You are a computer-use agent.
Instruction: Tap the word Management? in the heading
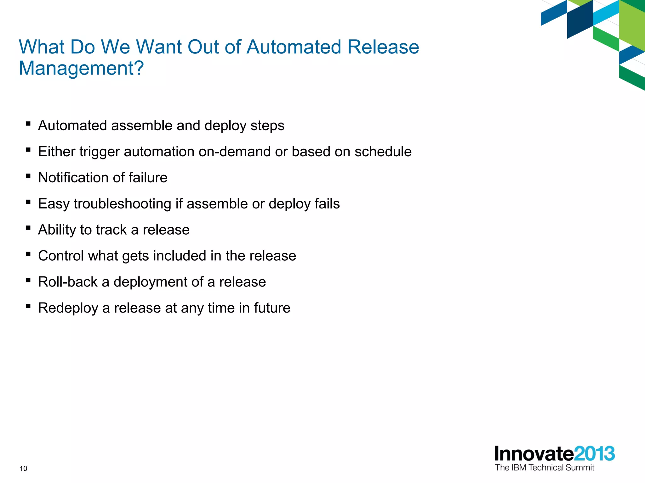point(81,68)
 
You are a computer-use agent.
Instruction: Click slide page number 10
point(23,469)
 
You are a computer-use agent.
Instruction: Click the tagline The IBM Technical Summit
point(544,468)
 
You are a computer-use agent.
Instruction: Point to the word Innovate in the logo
point(534,454)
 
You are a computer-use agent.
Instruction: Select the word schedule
point(383,152)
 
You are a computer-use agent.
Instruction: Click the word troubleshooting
point(123,204)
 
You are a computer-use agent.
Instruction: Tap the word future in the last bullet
point(272,308)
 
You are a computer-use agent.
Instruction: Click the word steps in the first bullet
point(267,126)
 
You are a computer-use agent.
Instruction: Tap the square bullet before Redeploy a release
point(28,306)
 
